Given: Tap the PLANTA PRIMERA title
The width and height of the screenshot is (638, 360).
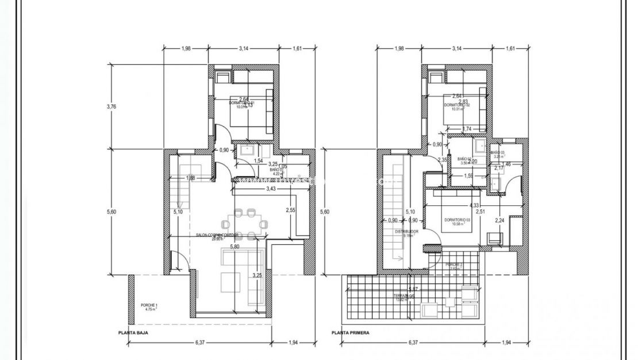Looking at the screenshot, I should tap(350, 332).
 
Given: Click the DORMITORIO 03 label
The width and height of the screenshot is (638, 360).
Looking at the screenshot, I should tap(457, 221).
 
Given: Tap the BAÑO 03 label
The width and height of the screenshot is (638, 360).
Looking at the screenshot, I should tap(498, 153).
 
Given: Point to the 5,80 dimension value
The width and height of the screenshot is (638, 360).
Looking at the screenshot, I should tap(235, 247).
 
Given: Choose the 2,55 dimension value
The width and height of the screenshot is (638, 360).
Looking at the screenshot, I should tap(291, 210).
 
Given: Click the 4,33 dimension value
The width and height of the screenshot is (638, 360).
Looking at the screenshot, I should tap(475, 205).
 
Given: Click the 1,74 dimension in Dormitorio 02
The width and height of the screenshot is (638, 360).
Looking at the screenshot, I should tap(467, 129).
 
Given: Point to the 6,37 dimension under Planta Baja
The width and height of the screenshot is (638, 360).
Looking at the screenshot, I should tap(201, 343).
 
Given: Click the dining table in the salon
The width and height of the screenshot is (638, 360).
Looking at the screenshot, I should tap(247, 223).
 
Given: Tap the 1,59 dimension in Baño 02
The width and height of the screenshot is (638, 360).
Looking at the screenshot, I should tap(469, 176).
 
